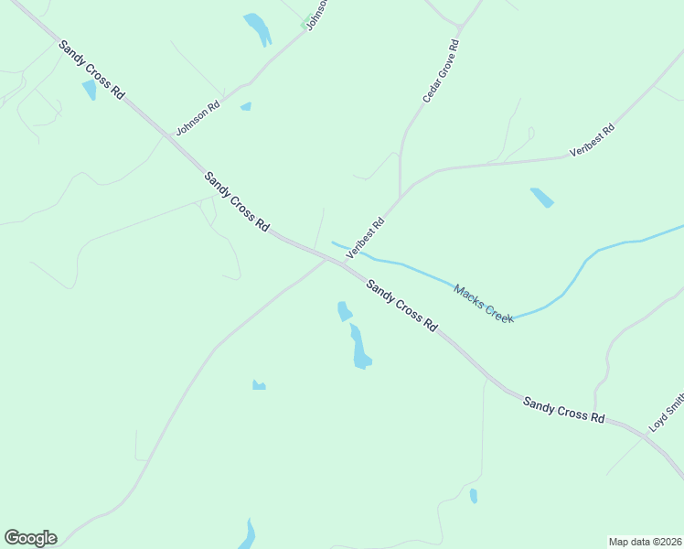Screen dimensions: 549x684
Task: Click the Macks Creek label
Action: tap(484, 301)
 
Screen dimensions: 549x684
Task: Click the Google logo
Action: tap(30, 538)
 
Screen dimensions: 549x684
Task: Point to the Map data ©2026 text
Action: tap(644, 541)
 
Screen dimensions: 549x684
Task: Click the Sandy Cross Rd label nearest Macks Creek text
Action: tap(401, 305)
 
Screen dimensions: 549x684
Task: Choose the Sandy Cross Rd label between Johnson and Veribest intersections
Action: tap(237, 200)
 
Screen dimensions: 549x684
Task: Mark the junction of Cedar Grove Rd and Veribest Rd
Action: tap(400, 196)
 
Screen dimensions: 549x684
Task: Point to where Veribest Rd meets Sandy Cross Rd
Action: tap(344, 264)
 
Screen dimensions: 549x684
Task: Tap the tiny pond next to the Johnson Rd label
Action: tap(245, 107)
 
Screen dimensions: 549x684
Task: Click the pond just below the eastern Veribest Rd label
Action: tap(541, 197)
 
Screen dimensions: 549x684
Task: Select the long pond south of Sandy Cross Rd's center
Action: tap(359, 348)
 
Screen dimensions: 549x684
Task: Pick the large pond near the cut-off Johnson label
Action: tap(257, 27)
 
